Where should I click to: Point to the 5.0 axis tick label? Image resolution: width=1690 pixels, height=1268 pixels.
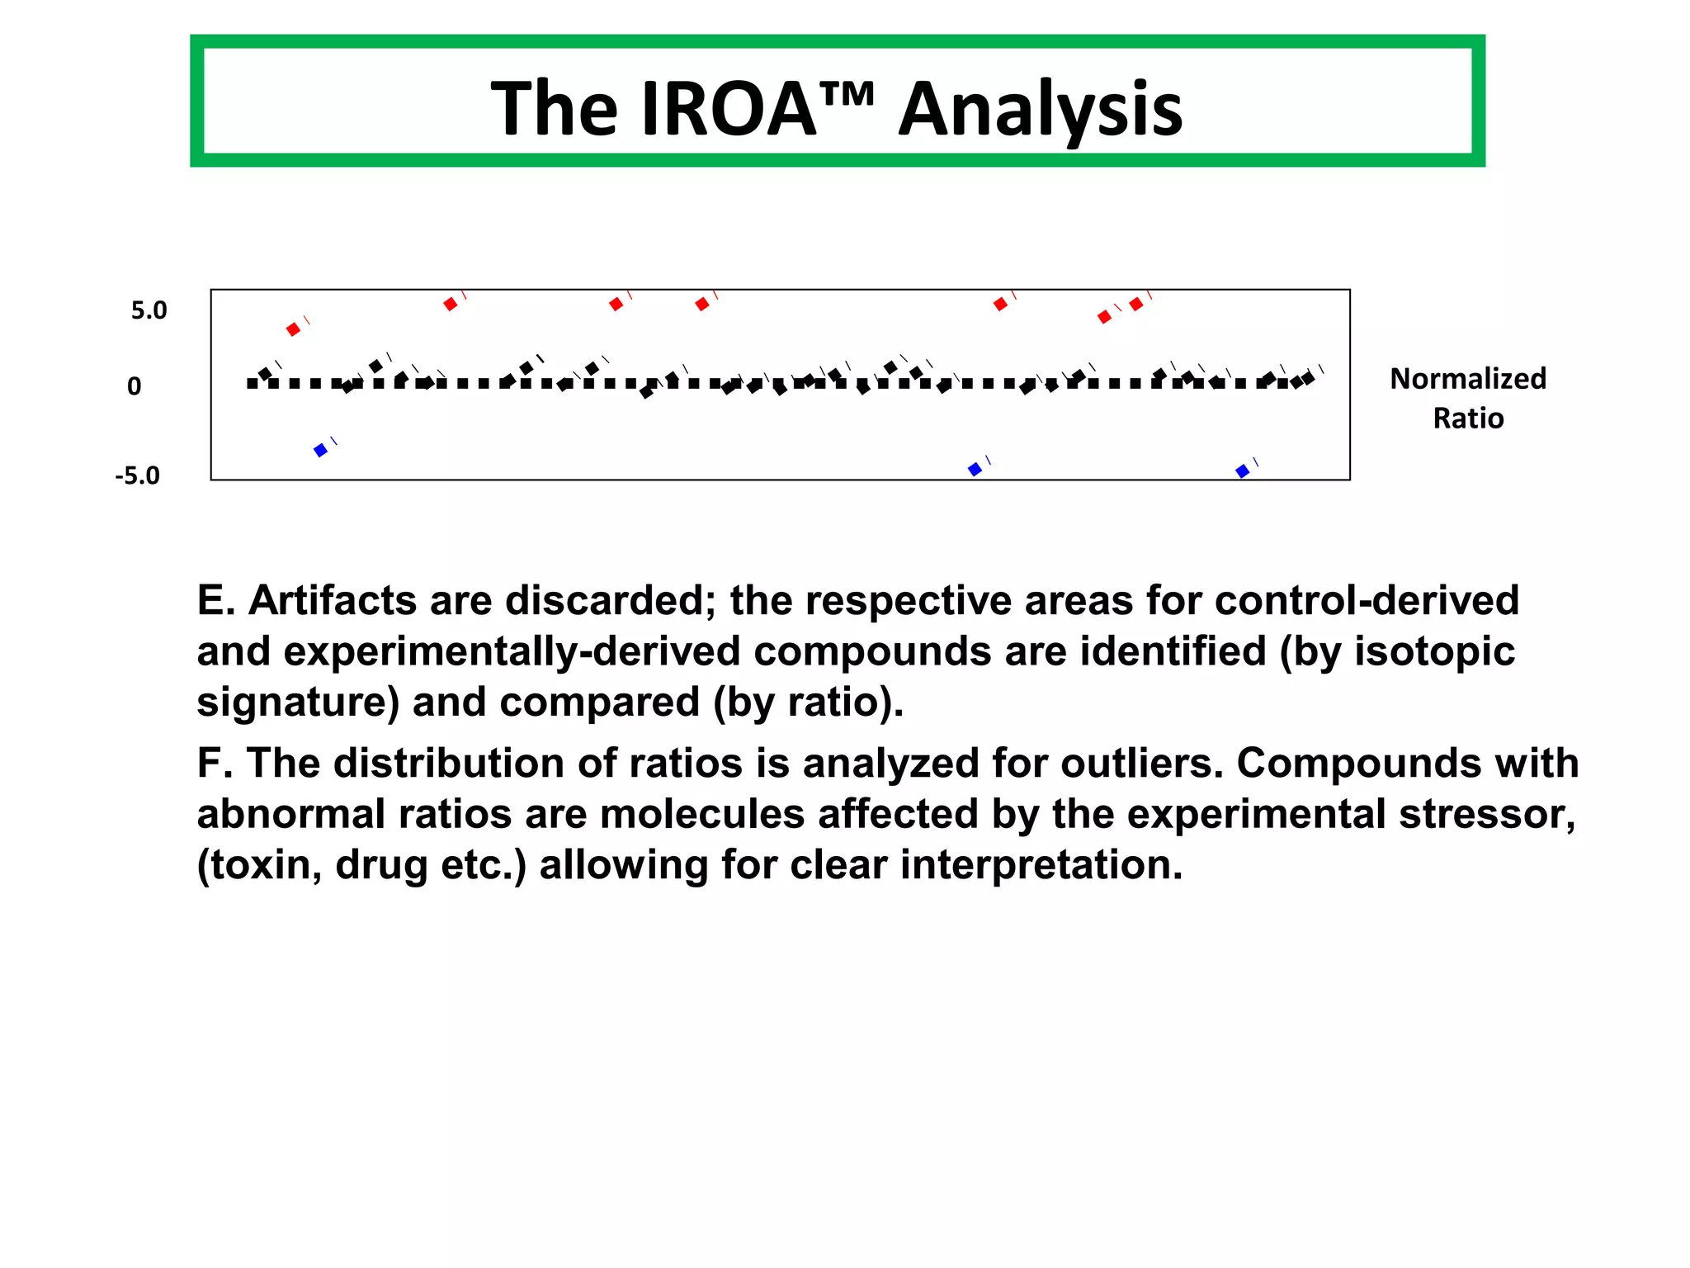(149, 310)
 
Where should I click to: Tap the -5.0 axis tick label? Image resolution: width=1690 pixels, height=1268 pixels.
(137, 475)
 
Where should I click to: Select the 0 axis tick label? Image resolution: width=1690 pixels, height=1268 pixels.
(134, 386)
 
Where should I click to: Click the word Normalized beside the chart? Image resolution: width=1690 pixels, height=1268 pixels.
(1467, 379)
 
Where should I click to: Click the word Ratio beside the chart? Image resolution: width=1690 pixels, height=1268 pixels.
(1467, 419)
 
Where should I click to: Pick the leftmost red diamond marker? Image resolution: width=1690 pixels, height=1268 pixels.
(293, 329)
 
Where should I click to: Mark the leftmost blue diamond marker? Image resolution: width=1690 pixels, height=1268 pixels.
(321, 450)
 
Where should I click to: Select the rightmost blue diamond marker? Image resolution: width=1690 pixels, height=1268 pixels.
(1242, 471)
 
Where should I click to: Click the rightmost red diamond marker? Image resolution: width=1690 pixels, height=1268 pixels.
(1136, 305)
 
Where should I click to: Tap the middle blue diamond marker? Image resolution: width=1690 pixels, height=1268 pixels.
(975, 469)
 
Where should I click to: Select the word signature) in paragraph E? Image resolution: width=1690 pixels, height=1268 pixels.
(297, 703)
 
